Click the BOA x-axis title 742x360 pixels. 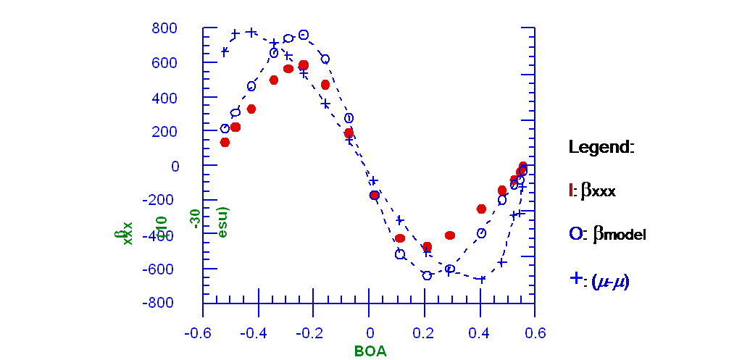[x=370, y=351]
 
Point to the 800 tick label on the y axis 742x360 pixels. [x=164, y=29]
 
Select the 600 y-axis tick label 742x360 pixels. [x=164, y=63]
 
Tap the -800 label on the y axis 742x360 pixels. [x=162, y=304]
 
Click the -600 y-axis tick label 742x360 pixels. [x=162, y=269]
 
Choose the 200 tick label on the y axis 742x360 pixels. [x=164, y=132]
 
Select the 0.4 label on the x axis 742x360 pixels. [x=480, y=333]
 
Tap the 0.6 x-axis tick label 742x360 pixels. [x=535, y=333]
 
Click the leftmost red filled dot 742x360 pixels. [x=225, y=142]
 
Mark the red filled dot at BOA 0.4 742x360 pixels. [x=481, y=209]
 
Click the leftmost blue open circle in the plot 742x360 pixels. [x=225, y=128]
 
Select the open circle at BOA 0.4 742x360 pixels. [x=481, y=233]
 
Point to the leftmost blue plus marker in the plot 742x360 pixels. [x=225, y=51]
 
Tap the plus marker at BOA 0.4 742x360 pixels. [x=481, y=279]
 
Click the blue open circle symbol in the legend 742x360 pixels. [x=576, y=233]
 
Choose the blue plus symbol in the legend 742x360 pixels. [x=576, y=278]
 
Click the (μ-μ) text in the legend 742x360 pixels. [x=610, y=280]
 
